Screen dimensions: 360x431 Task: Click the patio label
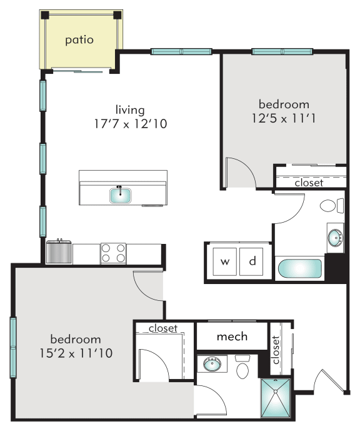(79, 40)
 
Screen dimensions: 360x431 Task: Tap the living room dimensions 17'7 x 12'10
(131, 124)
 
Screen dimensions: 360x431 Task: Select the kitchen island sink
(120, 195)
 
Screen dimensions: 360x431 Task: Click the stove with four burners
(113, 253)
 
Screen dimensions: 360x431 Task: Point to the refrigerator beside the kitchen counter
(59, 252)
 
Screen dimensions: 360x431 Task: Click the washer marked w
(224, 261)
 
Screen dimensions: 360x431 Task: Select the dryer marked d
(251, 261)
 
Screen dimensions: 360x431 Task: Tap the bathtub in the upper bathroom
(299, 268)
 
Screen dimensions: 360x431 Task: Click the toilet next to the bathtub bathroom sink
(332, 206)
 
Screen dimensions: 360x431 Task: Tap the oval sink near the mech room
(212, 365)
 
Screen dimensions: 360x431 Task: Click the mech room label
(232, 337)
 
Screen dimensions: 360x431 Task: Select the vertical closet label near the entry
(276, 350)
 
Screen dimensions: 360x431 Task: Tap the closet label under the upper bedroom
(309, 183)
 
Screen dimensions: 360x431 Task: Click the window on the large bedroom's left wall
(13, 347)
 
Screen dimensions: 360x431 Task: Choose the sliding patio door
(77, 71)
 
